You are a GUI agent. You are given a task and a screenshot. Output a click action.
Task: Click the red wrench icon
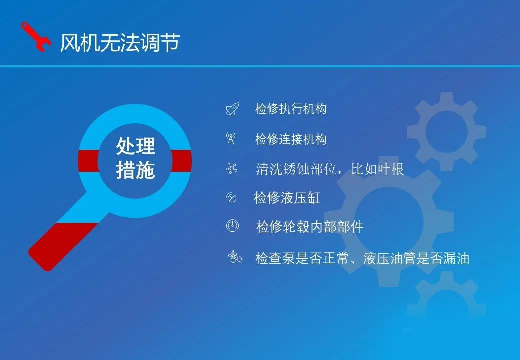(36, 37)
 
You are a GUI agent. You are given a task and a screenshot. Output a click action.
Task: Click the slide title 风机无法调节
(120, 42)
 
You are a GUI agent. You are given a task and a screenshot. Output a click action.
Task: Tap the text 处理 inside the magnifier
(135, 146)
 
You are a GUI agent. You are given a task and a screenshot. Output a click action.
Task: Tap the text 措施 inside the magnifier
(135, 170)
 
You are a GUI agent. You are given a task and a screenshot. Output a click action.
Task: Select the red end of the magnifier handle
(63, 246)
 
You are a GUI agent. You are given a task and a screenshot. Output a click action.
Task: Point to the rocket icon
(233, 109)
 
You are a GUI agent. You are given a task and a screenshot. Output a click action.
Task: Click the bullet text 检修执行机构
(291, 108)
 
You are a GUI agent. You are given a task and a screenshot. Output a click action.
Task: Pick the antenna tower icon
(231, 138)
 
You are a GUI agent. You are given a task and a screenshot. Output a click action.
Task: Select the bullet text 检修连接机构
(291, 139)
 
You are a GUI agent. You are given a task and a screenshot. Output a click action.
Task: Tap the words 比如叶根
(377, 169)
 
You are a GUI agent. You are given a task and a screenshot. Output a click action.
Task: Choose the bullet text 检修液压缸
(287, 198)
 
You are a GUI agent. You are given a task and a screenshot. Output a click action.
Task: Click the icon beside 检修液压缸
(231, 198)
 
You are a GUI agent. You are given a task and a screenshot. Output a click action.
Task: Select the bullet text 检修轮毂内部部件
(310, 227)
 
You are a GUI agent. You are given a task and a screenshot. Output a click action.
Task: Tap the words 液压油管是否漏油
(416, 258)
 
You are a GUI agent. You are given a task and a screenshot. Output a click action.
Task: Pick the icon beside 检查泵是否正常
(235, 257)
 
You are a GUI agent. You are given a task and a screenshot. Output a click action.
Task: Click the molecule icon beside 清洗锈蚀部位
(232, 168)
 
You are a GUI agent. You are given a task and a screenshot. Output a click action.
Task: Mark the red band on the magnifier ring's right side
(181, 161)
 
